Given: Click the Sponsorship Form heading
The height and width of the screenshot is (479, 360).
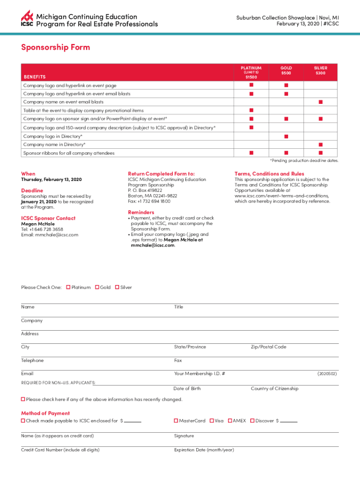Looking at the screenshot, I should tap(55, 47).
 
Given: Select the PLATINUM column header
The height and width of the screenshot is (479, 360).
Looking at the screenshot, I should tap(251, 72).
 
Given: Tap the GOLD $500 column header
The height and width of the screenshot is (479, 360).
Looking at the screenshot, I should tap(286, 71).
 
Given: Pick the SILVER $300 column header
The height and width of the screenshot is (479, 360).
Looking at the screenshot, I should tap(320, 71).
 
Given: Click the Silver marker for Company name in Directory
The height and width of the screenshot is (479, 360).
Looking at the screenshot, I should tap(321, 145).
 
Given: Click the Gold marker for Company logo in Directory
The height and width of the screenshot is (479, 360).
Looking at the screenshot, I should tap(286, 136).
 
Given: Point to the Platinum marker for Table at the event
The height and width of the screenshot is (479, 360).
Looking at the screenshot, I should tap(251, 110).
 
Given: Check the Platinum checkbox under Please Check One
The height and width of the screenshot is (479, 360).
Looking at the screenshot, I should tap(68, 287).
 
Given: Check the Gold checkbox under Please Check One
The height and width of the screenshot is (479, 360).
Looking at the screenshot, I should tap(97, 287).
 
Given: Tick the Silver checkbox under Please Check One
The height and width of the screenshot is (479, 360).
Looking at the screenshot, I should tap(117, 287).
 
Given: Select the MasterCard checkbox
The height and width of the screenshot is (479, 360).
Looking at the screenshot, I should tap(176, 421).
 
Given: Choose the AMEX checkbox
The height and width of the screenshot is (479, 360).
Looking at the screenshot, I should tap(230, 421).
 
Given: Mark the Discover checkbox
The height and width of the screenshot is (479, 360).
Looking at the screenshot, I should tap(252, 421).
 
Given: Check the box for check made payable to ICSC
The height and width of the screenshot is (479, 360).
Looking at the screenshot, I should tap(23, 421).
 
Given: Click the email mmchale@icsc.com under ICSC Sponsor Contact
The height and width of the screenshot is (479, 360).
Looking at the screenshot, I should tap(50, 235).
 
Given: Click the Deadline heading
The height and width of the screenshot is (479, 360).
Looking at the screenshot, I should tap(32, 190).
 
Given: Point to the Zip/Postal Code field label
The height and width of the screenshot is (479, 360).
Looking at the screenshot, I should tap(268, 347).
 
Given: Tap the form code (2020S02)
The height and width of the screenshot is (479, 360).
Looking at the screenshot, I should tap(327, 374).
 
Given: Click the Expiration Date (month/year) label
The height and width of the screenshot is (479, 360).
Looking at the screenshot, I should tap(204, 450).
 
